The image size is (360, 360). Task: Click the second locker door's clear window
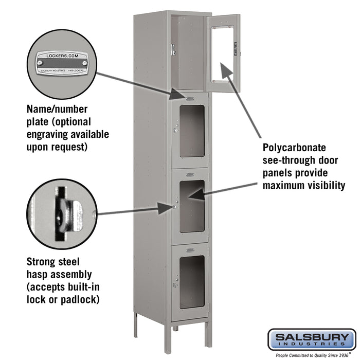pyautogui.click(x=192, y=131)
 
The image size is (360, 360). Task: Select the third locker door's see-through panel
pyautogui.click(x=192, y=206)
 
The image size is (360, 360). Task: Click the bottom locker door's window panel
pyautogui.click(x=192, y=281)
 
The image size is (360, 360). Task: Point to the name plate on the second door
pyautogui.click(x=190, y=98)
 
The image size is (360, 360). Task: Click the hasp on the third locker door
pyautogui.click(x=175, y=207)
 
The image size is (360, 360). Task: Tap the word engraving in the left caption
pyautogui.click(x=47, y=134)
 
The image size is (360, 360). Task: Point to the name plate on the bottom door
pyautogui.click(x=190, y=249)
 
